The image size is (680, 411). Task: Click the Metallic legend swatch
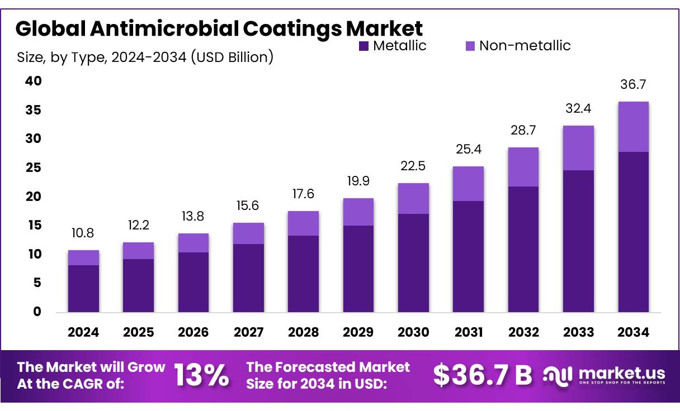click(x=363, y=46)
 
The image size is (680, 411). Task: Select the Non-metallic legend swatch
click(x=470, y=46)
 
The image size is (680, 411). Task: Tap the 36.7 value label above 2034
click(x=634, y=85)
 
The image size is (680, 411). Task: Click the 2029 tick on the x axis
click(x=358, y=332)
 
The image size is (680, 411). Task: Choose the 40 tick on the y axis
click(x=33, y=81)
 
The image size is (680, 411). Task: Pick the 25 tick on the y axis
click(x=33, y=168)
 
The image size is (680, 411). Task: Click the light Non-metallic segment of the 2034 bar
click(x=634, y=127)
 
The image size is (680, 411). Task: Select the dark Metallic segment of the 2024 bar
click(x=83, y=288)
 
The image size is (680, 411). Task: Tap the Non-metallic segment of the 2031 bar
click(x=468, y=184)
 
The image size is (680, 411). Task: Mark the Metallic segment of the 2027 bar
click(x=248, y=278)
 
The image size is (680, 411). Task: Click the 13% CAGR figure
click(x=201, y=375)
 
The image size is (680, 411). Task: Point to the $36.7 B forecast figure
click(x=483, y=375)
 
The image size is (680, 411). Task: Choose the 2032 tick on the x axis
click(x=523, y=332)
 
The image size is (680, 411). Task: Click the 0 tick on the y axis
click(x=36, y=312)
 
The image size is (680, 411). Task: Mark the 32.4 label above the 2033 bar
click(x=578, y=109)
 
